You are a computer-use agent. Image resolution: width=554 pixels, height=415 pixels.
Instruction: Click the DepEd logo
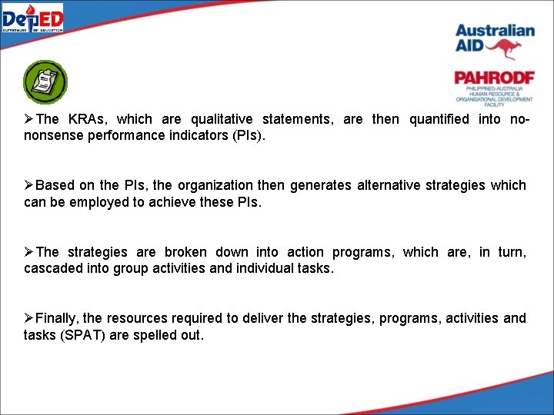[x=32, y=18]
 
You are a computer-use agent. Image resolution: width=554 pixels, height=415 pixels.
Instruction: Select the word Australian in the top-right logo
[x=494, y=31]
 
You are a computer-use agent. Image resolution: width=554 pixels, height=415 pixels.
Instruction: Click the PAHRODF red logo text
[x=493, y=78]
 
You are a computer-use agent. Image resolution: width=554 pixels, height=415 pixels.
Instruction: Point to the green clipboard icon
[x=45, y=82]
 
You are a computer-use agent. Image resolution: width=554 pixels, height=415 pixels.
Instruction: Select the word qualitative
[x=219, y=119]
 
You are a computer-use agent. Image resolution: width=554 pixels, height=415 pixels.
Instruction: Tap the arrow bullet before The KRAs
[x=29, y=119]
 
